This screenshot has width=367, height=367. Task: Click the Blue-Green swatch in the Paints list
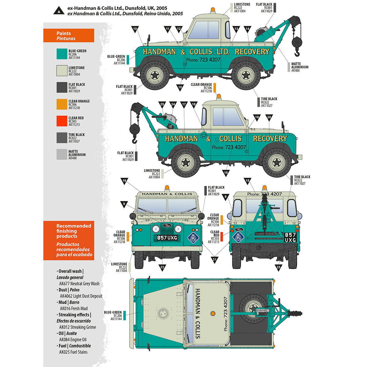tap(62, 54)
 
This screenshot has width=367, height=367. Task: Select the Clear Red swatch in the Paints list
tap(62, 121)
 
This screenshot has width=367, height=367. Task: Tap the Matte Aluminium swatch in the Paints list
tap(62, 154)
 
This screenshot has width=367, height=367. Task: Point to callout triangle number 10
tap(135, 29)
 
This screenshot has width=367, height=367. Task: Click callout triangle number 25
tap(162, 105)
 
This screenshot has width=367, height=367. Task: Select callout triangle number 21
tap(214, 260)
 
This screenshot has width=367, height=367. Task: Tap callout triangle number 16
tap(124, 181)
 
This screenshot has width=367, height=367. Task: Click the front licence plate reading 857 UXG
tap(167, 238)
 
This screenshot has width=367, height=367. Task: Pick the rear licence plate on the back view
tap(290, 237)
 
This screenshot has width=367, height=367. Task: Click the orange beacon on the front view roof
tap(167, 187)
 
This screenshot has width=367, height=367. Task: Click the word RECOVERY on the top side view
tap(252, 52)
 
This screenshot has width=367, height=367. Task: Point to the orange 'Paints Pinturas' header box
tap(69, 35)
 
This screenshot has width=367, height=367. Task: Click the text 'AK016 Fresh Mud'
tap(74, 309)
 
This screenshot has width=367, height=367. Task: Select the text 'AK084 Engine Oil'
tap(73, 339)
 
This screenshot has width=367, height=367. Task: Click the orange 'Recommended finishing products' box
tap(69, 240)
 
